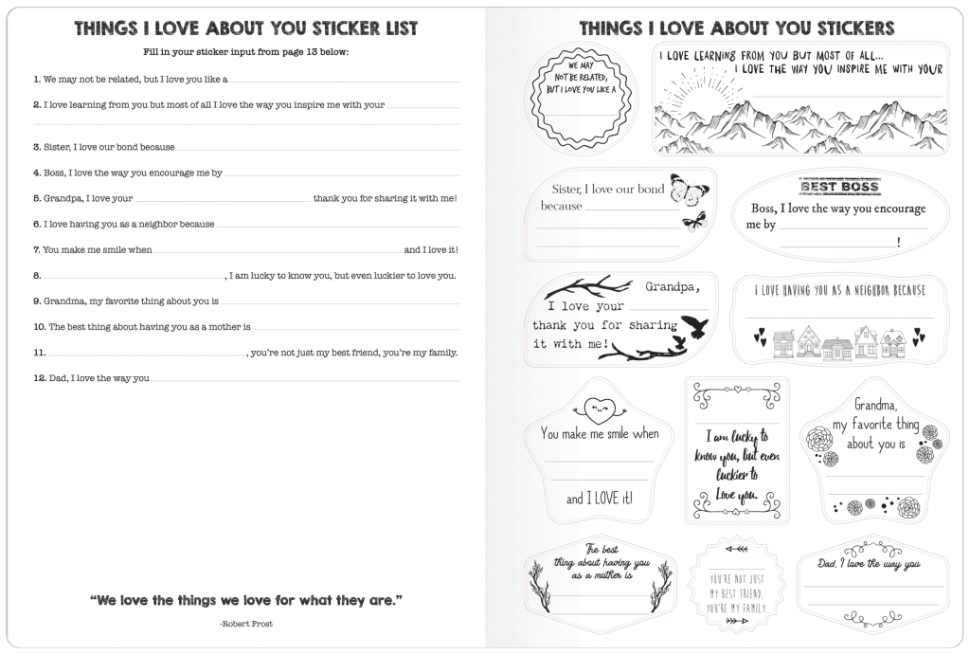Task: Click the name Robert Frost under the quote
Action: tap(246, 624)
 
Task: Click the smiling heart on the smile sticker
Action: tap(599, 408)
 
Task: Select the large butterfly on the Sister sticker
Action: tap(690, 189)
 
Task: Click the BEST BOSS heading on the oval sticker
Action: tap(839, 187)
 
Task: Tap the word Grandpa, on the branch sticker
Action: tap(673, 286)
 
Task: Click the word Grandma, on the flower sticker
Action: tap(875, 405)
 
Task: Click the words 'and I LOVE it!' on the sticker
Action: tap(600, 499)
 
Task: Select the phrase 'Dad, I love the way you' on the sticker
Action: tap(869, 563)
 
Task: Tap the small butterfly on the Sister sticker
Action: tap(694, 221)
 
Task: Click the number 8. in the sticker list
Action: tap(37, 276)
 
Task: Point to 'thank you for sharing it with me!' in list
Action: tap(386, 198)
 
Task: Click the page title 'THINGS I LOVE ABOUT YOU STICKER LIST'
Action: tap(246, 28)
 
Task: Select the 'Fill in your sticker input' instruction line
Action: tap(246, 52)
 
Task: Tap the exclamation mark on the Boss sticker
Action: tap(898, 243)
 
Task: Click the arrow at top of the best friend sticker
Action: tap(736, 549)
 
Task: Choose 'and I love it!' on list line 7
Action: tap(431, 249)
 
